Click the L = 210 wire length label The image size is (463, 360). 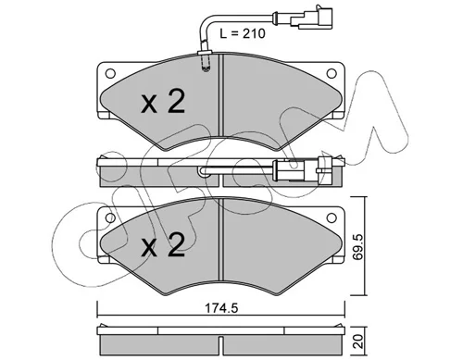point(243,33)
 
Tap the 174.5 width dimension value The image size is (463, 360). point(221,308)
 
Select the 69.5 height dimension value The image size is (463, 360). point(358,246)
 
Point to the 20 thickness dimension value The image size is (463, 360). point(358,341)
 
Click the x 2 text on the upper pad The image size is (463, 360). point(163,101)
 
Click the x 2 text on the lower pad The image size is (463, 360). point(163,245)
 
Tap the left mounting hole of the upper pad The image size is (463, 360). point(110,73)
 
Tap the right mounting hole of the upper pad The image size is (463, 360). point(332,73)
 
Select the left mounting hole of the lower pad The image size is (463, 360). point(110,217)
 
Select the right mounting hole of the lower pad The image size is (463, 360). point(332,217)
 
